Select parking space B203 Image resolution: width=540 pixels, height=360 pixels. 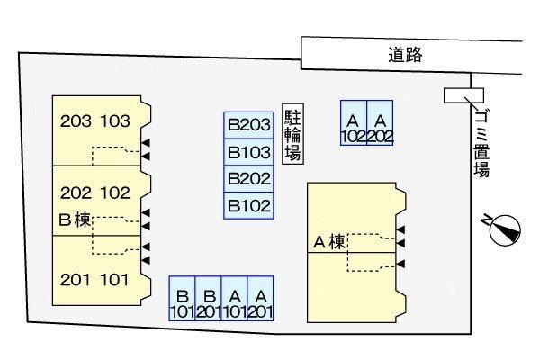pyautogui.click(x=248, y=126)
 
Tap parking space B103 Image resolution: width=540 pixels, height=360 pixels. pyautogui.click(x=248, y=152)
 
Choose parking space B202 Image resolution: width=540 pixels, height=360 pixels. pyautogui.click(x=248, y=178)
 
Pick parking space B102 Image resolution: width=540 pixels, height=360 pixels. pyautogui.click(x=248, y=204)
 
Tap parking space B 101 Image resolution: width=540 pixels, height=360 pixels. pyautogui.click(x=182, y=303)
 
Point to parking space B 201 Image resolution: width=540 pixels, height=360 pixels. pyautogui.click(x=209, y=303)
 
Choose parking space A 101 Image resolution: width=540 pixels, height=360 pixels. pyautogui.click(x=235, y=303)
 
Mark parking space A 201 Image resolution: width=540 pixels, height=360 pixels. pyautogui.click(x=261, y=303)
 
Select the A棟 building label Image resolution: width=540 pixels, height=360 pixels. pyautogui.click(x=328, y=241)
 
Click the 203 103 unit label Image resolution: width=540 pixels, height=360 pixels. pyautogui.click(x=95, y=121)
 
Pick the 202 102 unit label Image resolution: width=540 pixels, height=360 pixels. pyautogui.click(x=95, y=192)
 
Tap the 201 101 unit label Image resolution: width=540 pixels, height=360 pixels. pyautogui.click(x=95, y=280)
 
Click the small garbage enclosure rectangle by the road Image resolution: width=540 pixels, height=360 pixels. pyautogui.click(x=464, y=95)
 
